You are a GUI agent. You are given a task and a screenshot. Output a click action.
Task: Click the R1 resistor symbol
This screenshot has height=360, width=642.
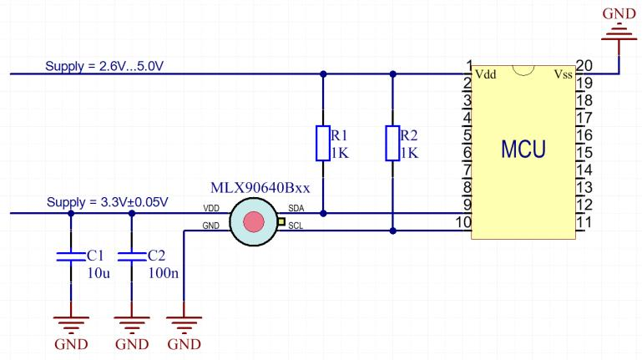point(323,143)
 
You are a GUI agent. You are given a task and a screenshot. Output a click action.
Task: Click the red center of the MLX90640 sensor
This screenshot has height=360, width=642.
point(253,221)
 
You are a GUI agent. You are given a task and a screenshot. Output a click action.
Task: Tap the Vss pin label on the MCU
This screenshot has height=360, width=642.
point(563,75)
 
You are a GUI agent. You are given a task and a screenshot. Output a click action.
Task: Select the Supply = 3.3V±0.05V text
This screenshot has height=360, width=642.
point(109,202)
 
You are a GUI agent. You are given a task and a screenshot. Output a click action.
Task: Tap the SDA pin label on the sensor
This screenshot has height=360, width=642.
point(296,208)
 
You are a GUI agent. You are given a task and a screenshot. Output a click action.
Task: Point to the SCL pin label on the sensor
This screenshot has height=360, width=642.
point(296,226)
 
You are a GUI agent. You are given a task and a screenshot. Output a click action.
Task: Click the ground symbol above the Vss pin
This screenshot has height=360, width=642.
point(619,32)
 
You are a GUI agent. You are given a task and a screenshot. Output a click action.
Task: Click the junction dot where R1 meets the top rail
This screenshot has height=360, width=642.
point(323,74)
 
